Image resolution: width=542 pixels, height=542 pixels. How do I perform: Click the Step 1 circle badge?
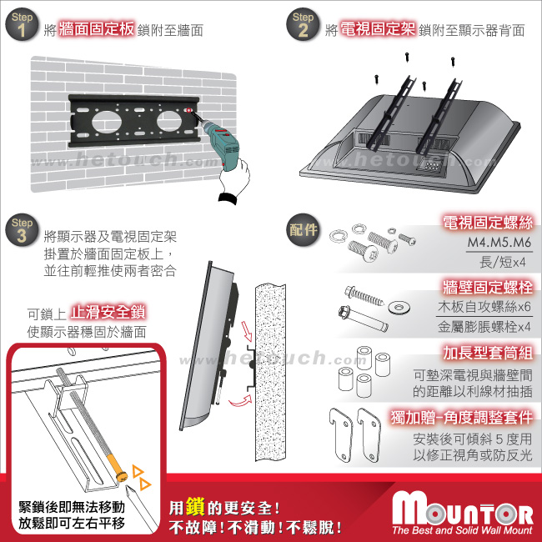point(22,25)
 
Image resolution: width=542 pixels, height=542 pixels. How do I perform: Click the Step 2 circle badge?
point(303,25)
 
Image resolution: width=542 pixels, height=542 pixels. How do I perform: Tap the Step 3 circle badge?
point(22,230)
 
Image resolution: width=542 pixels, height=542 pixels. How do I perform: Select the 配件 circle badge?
point(303,230)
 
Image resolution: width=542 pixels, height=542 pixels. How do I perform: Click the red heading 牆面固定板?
point(97,29)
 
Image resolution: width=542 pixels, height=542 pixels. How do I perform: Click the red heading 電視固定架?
point(378,29)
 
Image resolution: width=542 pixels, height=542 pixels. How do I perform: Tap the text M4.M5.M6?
point(499,243)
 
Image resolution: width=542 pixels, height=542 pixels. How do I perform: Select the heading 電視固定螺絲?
point(488,223)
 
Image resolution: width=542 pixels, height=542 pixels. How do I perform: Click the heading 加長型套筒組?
point(488,353)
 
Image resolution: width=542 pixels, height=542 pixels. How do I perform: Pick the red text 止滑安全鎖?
point(108,312)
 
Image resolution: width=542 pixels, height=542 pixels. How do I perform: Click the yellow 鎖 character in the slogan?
point(196,507)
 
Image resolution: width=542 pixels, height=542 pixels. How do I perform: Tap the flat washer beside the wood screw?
point(399,307)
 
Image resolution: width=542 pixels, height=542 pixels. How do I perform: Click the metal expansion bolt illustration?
point(363,319)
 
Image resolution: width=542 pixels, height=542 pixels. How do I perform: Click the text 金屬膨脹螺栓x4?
point(484,327)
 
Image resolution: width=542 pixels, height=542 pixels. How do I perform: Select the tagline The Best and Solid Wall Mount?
point(463,530)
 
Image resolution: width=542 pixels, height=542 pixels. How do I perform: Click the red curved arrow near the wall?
point(240,401)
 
